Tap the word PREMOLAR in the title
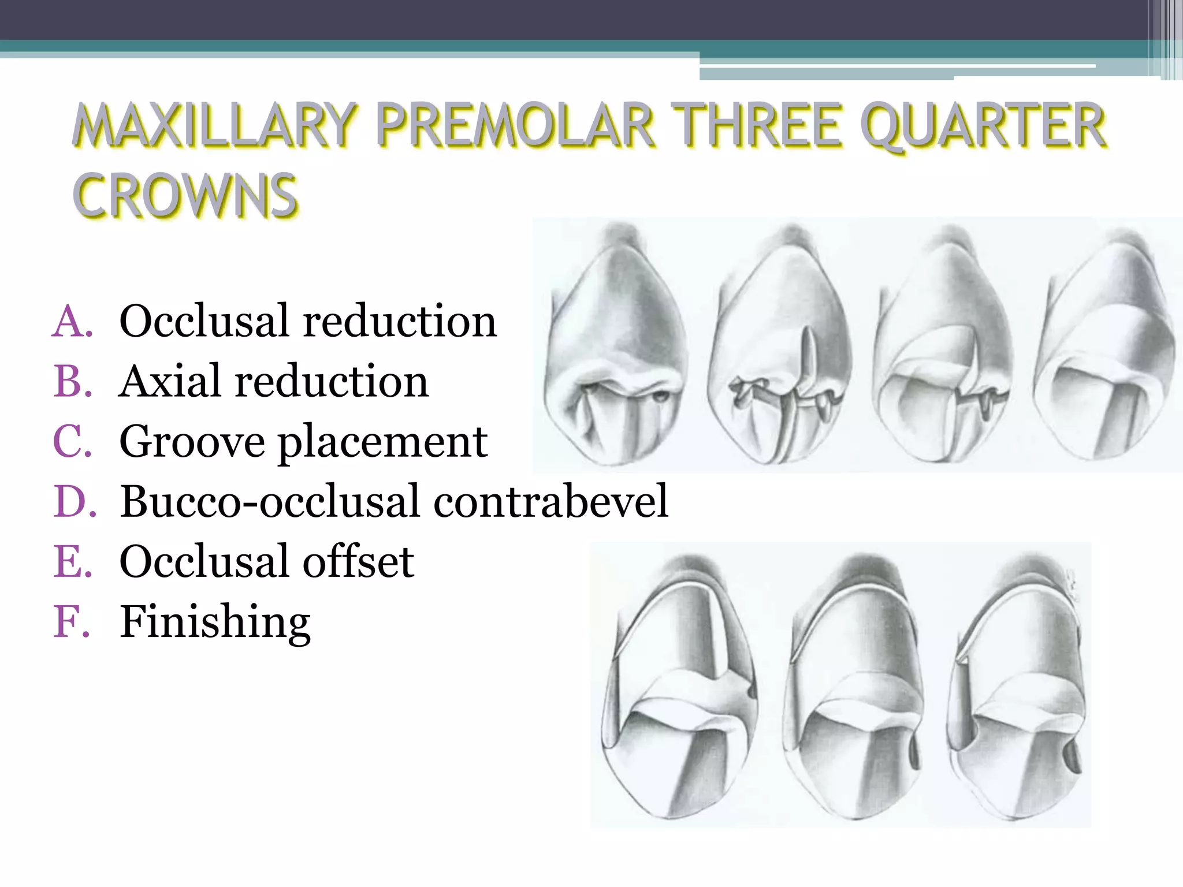[x=516, y=125]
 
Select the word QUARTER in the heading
[x=983, y=125]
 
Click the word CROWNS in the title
[x=185, y=196]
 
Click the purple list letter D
[x=74, y=501]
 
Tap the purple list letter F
[x=72, y=622]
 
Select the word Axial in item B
[x=170, y=382]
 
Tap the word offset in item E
[x=359, y=561]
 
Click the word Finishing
[x=215, y=623]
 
